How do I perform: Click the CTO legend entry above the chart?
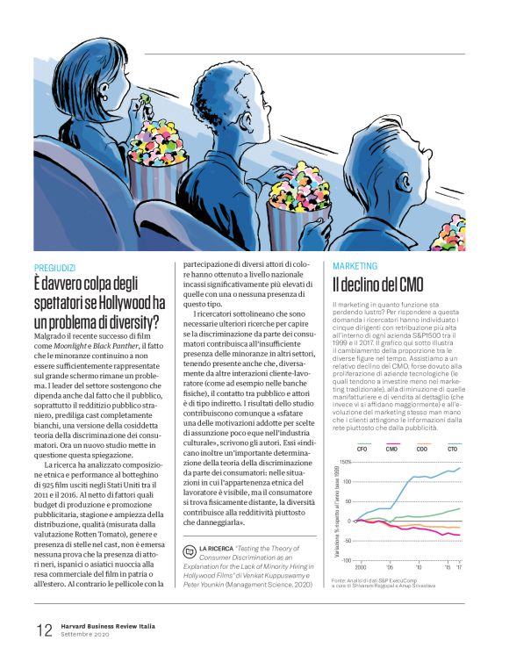[452, 449]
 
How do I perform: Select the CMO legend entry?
[391, 449]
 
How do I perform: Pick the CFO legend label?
[362, 449]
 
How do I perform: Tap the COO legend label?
[422, 449]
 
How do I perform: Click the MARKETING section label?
[355, 265]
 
